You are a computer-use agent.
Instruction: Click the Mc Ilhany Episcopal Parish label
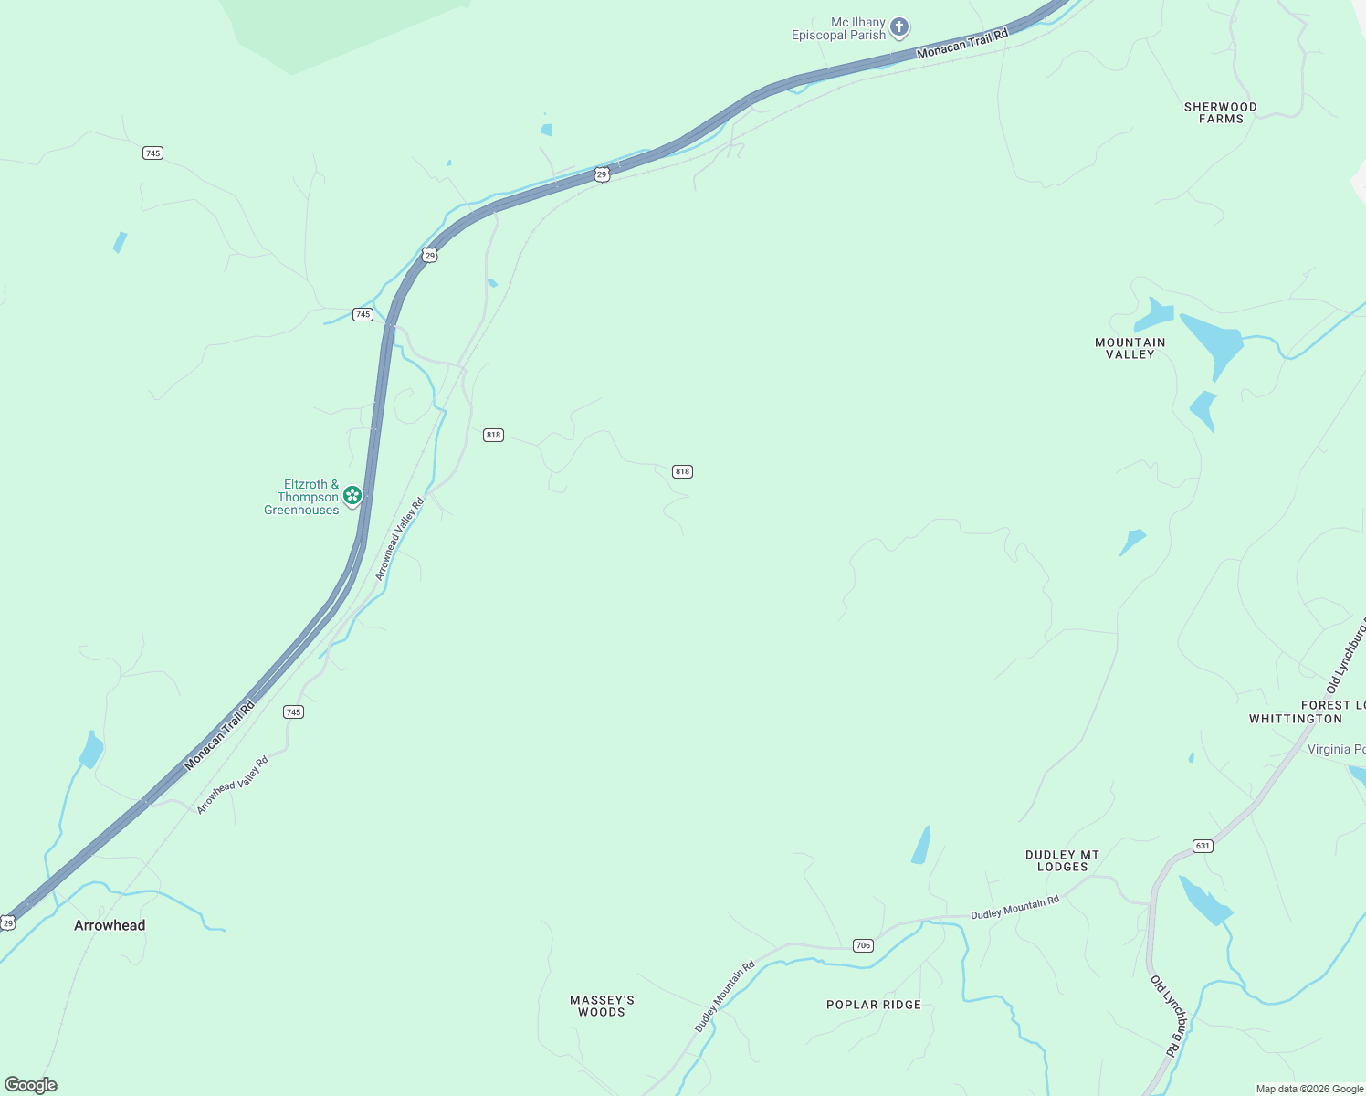click(x=838, y=28)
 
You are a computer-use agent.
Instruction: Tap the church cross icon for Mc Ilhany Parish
click(x=899, y=27)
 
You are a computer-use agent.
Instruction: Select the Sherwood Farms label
click(x=1220, y=112)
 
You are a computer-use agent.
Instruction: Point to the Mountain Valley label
click(x=1130, y=348)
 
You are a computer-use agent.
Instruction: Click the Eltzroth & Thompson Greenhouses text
click(x=301, y=497)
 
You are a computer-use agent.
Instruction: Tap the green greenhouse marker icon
click(x=352, y=496)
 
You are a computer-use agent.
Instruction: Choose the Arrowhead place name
click(x=110, y=925)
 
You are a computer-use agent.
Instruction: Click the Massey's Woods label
click(x=602, y=1006)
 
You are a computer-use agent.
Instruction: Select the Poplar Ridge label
click(x=874, y=1005)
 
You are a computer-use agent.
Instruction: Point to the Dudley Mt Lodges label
click(x=1062, y=860)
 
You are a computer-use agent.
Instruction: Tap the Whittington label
click(x=1296, y=719)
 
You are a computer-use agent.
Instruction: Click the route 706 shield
click(x=863, y=945)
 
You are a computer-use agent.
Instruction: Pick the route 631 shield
click(x=1203, y=846)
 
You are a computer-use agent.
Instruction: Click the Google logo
click(x=31, y=1085)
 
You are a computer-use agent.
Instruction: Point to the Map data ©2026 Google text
click(x=1308, y=1089)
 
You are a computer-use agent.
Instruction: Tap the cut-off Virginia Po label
click(x=1336, y=749)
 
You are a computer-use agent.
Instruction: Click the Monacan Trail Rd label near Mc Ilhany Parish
click(x=962, y=44)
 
